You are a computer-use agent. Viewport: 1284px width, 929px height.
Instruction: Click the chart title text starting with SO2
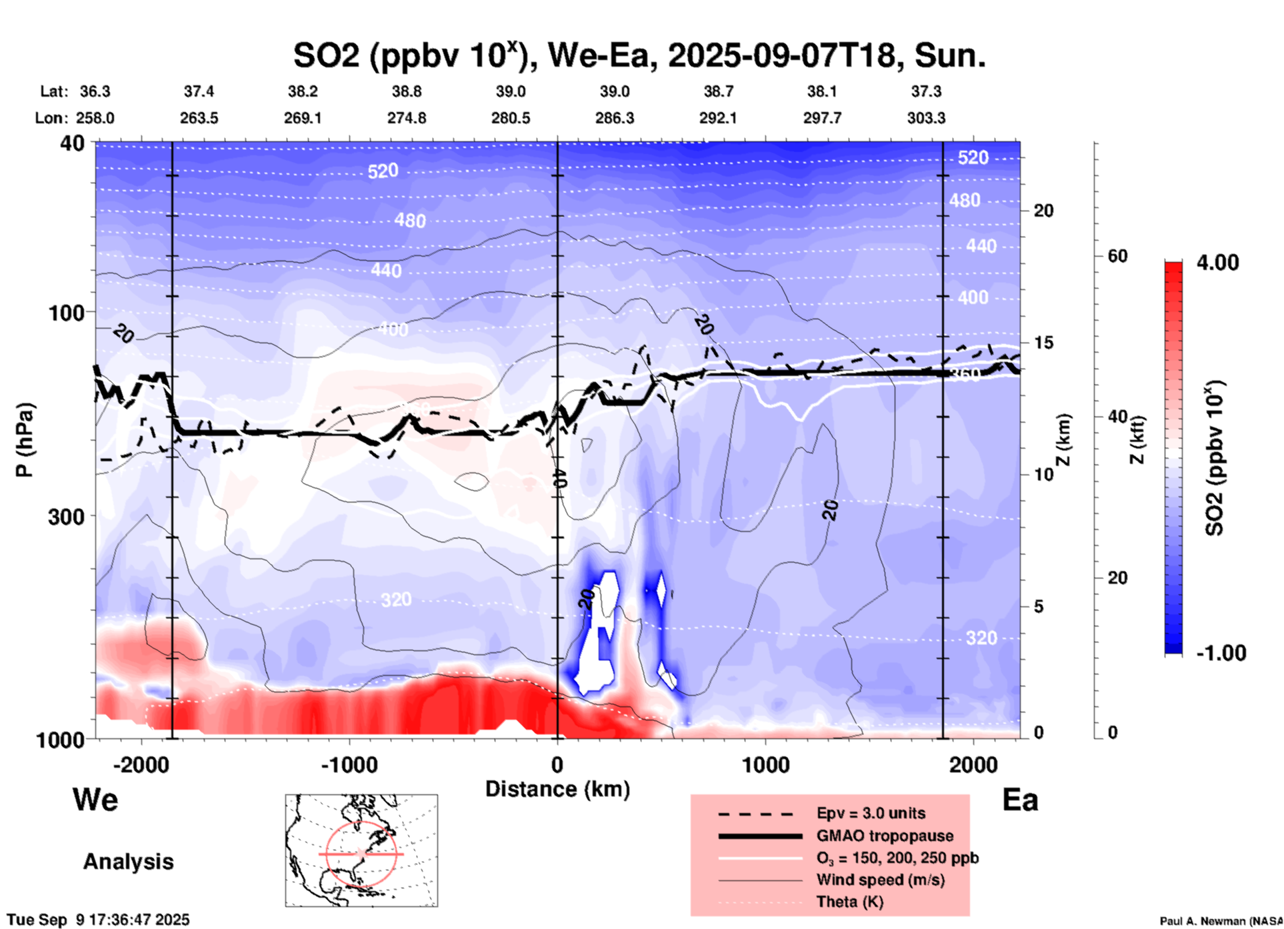639,55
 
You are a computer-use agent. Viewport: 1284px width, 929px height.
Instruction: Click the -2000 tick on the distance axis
141,764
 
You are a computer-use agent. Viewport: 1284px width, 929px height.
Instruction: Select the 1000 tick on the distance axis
765,764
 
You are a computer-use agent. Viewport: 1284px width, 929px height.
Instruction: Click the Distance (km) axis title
557,789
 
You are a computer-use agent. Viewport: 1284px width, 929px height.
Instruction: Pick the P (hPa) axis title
25,440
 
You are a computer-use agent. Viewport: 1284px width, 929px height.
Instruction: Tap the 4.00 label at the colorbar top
1217,263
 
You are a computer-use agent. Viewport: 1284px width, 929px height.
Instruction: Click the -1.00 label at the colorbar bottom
1221,653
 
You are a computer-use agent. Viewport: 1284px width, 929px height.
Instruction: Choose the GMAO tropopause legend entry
885,836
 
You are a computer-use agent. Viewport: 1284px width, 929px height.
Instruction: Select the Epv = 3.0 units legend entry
871,813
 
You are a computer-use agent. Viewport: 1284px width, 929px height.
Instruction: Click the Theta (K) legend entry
849,902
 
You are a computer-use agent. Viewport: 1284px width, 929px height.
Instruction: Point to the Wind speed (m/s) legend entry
880,880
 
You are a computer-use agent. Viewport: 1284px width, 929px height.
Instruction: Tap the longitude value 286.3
614,118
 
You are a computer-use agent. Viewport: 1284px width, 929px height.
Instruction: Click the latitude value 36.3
95,91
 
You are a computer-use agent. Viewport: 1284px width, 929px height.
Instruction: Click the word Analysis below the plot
128,862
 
